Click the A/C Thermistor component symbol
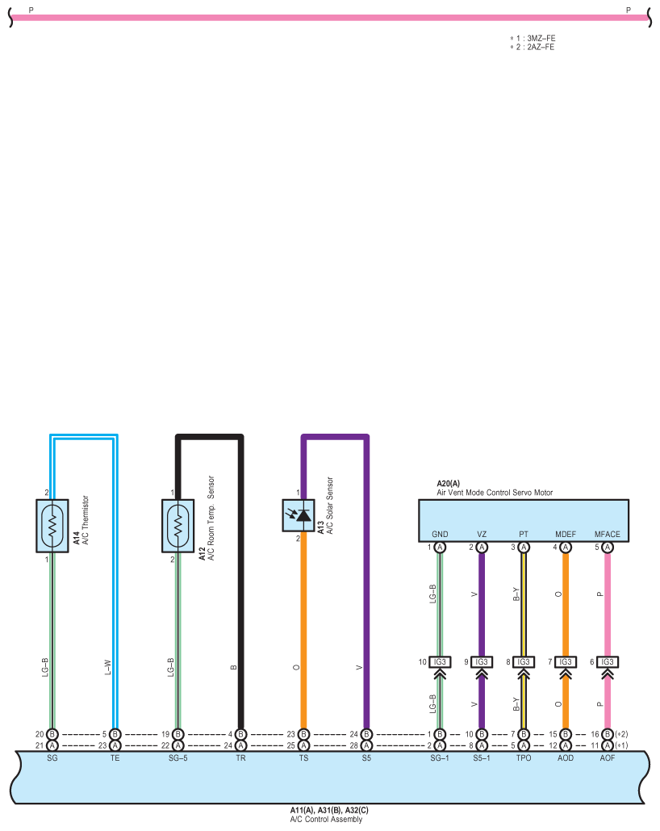click(52, 525)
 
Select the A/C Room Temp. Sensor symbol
click(178, 525)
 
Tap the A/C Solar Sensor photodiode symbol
click(299, 515)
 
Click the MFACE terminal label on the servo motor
click(607, 535)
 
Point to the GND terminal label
click(440, 535)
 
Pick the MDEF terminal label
click(565, 535)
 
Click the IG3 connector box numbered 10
click(440, 662)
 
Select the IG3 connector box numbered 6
click(607, 662)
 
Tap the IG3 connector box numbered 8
click(524, 662)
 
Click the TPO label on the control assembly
click(524, 758)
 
